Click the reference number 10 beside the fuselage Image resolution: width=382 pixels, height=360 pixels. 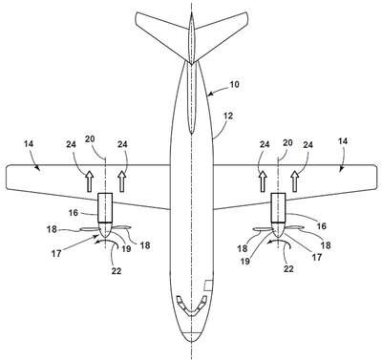tap(234, 85)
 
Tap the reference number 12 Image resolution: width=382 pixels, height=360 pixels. tap(228, 116)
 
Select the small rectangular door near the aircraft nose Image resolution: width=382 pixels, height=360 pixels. tap(208, 286)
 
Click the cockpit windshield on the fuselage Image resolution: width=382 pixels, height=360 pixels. tap(191, 306)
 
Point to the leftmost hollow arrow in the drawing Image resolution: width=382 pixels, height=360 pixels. tap(89, 181)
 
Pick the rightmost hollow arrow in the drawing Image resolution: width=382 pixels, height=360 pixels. tap(295, 181)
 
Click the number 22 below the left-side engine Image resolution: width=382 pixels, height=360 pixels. tap(117, 270)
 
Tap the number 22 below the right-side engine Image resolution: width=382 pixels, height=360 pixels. tap(288, 269)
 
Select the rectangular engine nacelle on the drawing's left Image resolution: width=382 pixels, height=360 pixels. tap(105, 207)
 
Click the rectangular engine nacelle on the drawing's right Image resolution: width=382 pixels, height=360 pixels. tap(278, 207)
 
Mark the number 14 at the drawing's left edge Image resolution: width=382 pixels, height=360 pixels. tap(29, 144)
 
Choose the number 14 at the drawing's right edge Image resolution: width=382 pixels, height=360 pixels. tap(343, 141)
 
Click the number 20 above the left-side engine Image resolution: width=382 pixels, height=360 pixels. tap(90, 139)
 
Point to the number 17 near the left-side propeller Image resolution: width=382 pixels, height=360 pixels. tap(56, 254)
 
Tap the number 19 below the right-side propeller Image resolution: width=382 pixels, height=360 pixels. tap(244, 262)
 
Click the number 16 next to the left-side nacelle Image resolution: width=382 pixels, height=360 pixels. tap(74, 213)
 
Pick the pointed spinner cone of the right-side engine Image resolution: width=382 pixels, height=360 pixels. tap(278, 230)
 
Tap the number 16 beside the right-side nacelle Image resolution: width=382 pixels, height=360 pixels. tap(322, 225)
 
